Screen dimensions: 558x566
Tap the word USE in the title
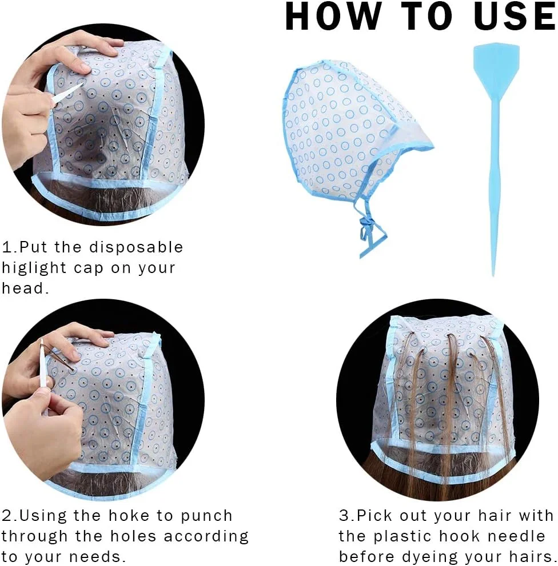pos(515,16)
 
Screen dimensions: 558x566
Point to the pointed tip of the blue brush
pos(493,276)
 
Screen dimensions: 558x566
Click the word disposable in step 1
pos(136,248)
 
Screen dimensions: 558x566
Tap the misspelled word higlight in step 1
pos(34,268)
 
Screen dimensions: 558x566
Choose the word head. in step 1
pos(25,288)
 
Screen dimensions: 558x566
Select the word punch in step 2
pos(206,517)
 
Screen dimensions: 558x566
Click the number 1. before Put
pos(9,248)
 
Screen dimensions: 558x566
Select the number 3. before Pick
pos(347,516)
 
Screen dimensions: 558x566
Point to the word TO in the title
pos(427,16)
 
